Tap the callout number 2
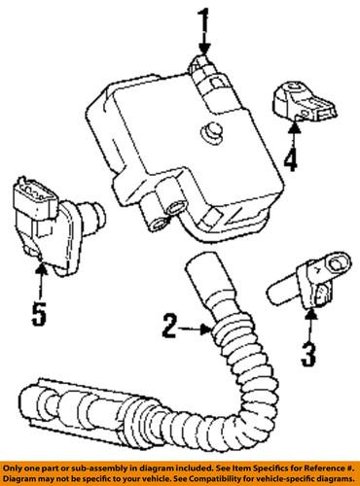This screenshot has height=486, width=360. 170,326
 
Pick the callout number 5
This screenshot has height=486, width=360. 39,314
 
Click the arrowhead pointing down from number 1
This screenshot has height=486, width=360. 204,49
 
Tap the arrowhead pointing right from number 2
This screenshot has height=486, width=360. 206,330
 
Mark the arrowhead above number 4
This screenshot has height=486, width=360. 294,128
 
